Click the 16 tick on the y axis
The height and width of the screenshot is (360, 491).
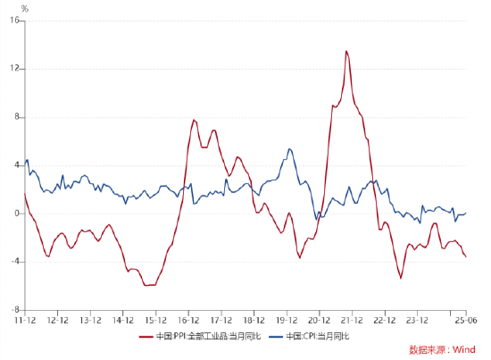(x=16, y=21)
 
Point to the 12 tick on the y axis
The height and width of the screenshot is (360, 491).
(x=16, y=69)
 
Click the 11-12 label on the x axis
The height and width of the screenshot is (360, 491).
(x=24, y=319)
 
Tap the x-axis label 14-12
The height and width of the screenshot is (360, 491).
(x=123, y=319)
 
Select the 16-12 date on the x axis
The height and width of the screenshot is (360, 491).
(x=188, y=319)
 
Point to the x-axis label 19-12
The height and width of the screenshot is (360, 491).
(x=287, y=319)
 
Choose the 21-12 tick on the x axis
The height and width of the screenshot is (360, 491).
(x=352, y=319)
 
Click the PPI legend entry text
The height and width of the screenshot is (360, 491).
(x=206, y=337)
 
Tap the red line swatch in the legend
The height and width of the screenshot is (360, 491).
(x=146, y=337)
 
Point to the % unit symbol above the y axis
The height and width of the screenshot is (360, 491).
(x=24, y=9)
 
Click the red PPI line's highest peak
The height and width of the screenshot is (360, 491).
(x=346, y=51)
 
